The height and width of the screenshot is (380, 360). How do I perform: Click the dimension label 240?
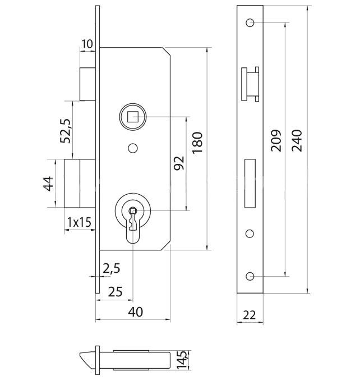click(x=297, y=141)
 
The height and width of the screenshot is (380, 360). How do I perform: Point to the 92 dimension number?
click(x=179, y=163)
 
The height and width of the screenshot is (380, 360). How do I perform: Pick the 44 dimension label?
click(x=48, y=183)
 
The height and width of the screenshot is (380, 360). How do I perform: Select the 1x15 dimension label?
click(x=79, y=222)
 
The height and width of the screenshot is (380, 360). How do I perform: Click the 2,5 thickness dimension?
click(x=112, y=269)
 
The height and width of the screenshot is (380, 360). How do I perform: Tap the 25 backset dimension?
click(x=115, y=291)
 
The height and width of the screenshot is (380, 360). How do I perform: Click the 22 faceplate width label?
click(x=250, y=315)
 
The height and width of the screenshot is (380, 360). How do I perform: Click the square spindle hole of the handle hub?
click(x=133, y=117)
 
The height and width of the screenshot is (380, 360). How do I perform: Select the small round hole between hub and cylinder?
click(x=133, y=148)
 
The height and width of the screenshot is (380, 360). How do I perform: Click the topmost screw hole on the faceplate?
click(x=250, y=23)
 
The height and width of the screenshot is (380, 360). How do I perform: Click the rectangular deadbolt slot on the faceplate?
click(x=250, y=181)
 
